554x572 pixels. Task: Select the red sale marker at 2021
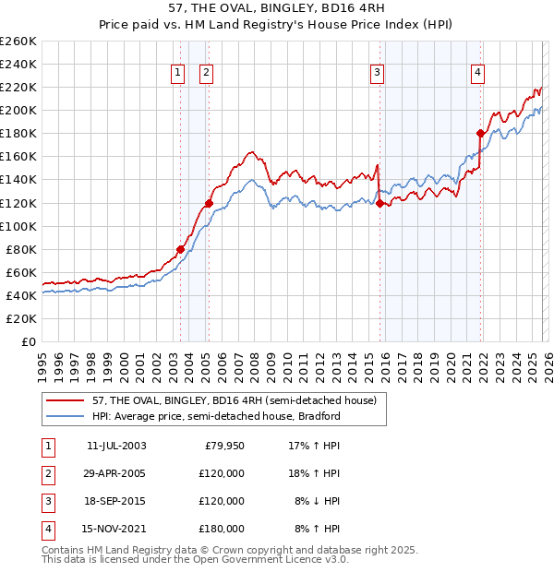click(479, 133)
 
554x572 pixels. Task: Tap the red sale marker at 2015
click(379, 203)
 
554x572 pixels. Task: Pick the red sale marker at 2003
click(180, 249)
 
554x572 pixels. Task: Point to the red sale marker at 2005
click(209, 203)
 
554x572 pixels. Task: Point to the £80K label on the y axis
click(21, 249)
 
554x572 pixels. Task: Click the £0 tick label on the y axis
click(28, 341)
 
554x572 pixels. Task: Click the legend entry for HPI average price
click(217, 416)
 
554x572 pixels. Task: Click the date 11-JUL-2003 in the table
click(116, 446)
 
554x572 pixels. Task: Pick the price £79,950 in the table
click(222, 446)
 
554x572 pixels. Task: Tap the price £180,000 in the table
click(222, 529)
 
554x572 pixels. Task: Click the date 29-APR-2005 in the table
click(116, 473)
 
